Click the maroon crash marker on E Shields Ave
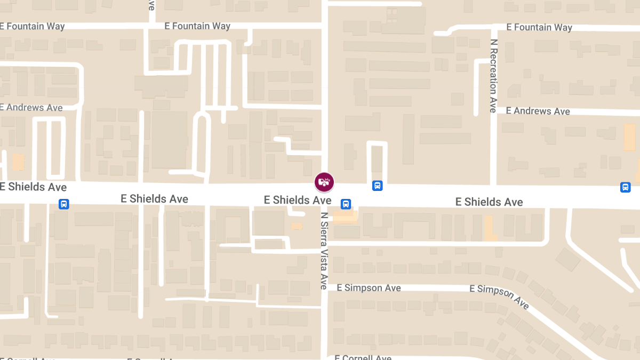[x=324, y=182]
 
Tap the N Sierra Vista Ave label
[x=324, y=251]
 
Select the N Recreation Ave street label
[x=493, y=75]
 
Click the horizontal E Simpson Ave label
[x=369, y=288]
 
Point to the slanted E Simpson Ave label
[x=500, y=297]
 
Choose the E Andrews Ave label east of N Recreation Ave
[x=538, y=111]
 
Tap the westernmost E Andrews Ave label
[x=31, y=108]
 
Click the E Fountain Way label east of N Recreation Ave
[x=539, y=27]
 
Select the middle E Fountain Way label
[x=197, y=26]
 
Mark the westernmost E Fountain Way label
[x=32, y=26]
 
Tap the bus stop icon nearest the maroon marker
[x=346, y=204]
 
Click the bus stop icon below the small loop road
[x=377, y=186]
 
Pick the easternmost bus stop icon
[x=625, y=187]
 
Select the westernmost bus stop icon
[x=63, y=204]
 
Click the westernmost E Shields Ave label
[x=33, y=187]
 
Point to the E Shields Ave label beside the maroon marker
[x=298, y=200]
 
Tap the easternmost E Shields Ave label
[x=489, y=202]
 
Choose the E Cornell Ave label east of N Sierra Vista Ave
[x=363, y=357]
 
